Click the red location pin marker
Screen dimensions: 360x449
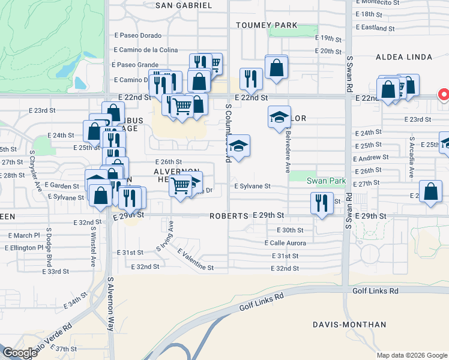pyautogui.click(x=444, y=95)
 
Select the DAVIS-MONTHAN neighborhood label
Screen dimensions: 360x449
pyautogui.click(x=349, y=325)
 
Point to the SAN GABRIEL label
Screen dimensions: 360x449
pyautogui.click(x=184, y=5)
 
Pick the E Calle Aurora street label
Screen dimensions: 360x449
pyautogui.click(x=285, y=243)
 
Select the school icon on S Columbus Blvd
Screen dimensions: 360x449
pyautogui.click(x=238, y=146)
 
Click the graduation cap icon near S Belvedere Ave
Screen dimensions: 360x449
pyautogui.click(x=279, y=116)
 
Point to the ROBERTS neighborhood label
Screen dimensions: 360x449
pyautogui.click(x=229, y=216)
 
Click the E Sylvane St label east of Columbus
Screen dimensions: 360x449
pyautogui.click(x=253, y=187)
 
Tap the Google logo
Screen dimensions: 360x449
pyautogui.click(x=20, y=353)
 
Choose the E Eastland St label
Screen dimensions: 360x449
pyautogui.click(x=375, y=28)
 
